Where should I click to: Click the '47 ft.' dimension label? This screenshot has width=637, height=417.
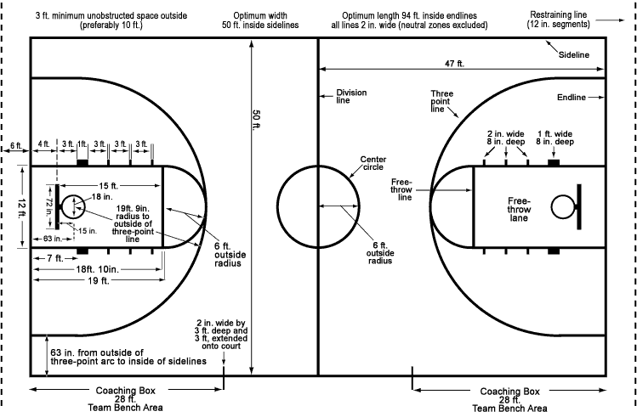click(454, 64)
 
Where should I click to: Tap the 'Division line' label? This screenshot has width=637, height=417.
click(351, 96)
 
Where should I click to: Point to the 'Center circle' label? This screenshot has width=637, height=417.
click(373, 163)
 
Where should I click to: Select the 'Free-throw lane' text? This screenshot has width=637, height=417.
click(519, 209)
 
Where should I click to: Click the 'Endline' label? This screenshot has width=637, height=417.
click(572, 98)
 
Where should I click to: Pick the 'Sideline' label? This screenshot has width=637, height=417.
click(573, 54)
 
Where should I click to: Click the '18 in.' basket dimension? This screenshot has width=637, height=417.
click(102, 197)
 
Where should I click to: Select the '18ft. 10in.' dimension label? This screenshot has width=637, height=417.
click(98, 269)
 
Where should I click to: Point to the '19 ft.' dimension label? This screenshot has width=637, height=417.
click(99, 280)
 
